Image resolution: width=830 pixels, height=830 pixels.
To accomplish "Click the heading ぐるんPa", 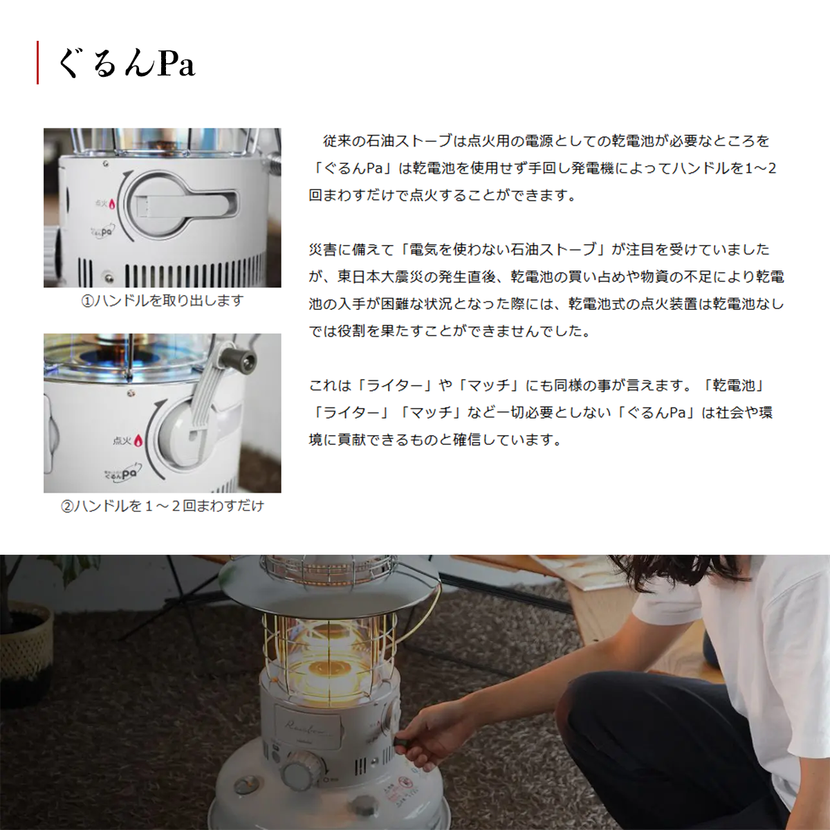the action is click(127, 63).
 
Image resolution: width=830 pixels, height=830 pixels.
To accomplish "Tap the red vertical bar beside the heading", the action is click(38, 62).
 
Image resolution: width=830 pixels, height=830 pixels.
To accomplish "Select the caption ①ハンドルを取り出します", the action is click(163, 300).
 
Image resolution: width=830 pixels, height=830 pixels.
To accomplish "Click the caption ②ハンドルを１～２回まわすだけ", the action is click(163, 505).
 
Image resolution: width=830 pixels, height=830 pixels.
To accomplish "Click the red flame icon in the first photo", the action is click(112, 203).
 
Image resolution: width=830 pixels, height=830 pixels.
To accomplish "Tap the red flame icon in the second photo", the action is click(138, 440).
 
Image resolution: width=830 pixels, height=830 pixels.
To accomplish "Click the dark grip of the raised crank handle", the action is click(246, 357).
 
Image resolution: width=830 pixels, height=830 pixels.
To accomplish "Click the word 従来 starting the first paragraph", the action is click(338, 141).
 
